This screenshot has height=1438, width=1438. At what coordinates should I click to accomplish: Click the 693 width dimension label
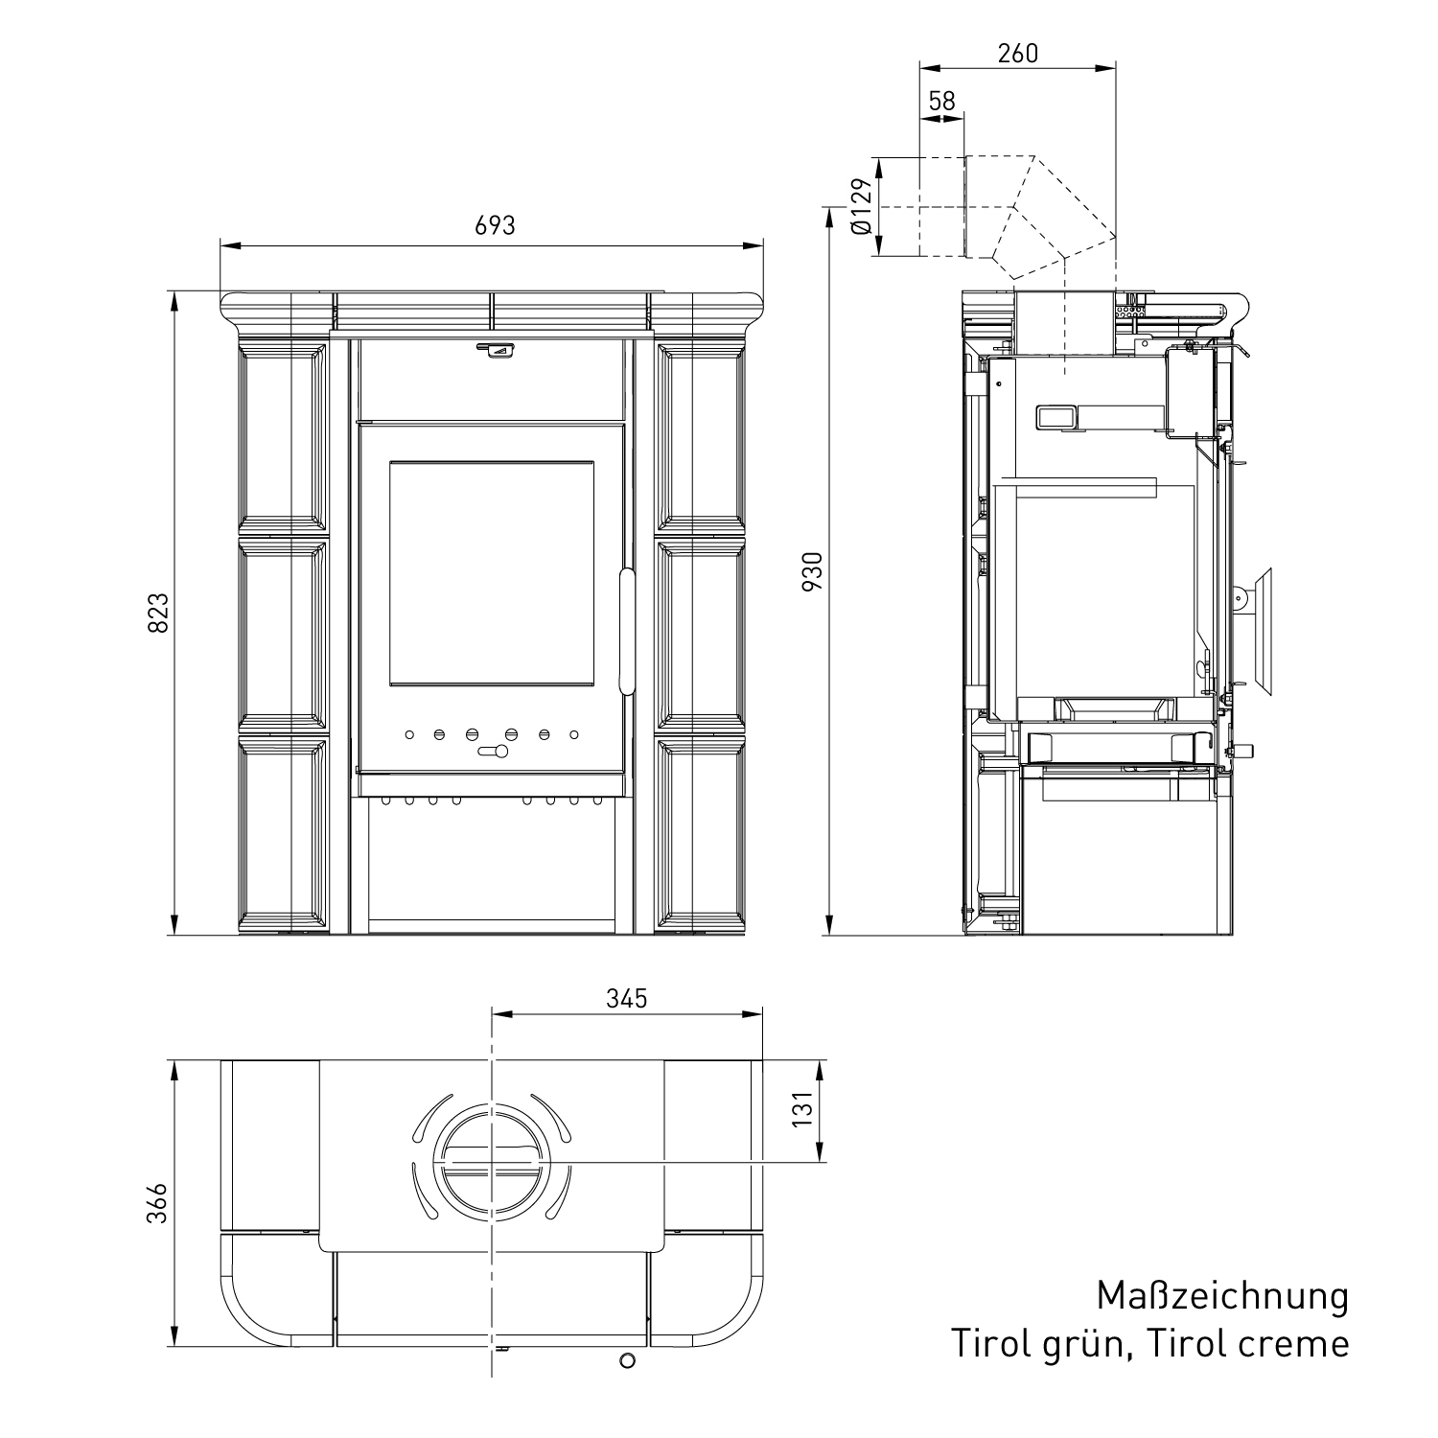tap(495, 225)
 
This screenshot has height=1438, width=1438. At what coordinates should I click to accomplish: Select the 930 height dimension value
tap(812, 571)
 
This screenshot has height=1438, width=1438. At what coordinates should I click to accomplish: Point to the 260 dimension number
tap(1017, 53)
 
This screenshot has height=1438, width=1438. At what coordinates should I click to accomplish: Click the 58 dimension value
tap(942, 101)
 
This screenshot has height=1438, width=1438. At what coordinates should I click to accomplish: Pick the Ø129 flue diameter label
tap(861, 206)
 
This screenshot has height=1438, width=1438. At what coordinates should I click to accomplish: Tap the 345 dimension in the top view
tap(627, 998)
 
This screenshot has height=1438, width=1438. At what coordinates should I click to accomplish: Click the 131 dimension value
tap(802, 1108)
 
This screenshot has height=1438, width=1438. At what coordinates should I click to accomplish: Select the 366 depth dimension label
tap(157, 1203)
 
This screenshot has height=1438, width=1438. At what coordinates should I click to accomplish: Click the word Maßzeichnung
tap(1222, 1296)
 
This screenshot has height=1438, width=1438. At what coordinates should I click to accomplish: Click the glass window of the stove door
tap(491, 573)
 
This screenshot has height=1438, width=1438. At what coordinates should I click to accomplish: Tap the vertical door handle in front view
tap(626, 631)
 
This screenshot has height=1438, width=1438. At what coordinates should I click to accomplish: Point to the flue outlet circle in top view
tap(491, 1162)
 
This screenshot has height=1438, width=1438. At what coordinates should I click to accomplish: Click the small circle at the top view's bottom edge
tap(627, 1359)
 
